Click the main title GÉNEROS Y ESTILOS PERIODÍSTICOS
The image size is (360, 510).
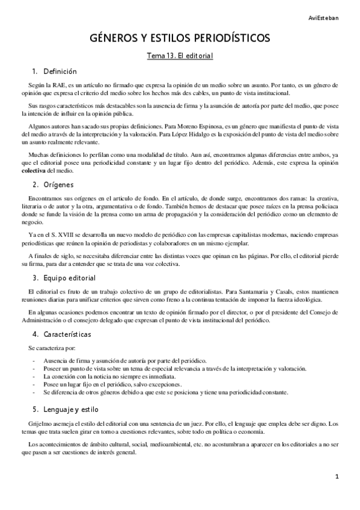(180, 38)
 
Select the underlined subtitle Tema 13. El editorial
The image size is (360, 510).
(180, 56)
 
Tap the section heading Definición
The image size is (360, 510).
(60, 71)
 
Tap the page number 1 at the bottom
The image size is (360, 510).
(338, 477)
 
